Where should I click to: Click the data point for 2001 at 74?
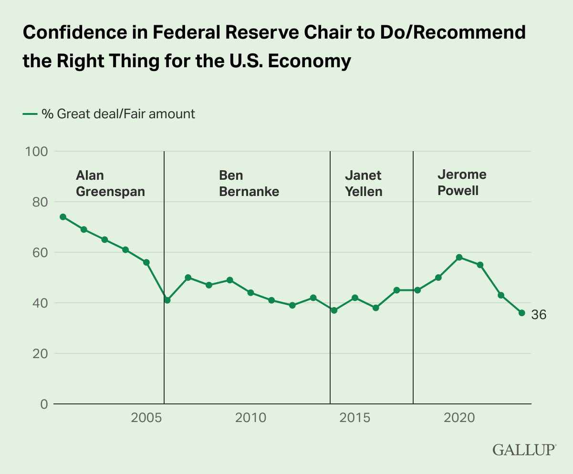[63, 217]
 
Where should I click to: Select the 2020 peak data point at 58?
[459, 258]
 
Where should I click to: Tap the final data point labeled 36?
[522, 313]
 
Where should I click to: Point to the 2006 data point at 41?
[167, 300]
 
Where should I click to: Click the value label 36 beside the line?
[539, 315]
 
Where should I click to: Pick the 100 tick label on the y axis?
[36, 152]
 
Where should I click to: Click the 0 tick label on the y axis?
[44, 404]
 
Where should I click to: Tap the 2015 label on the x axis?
[354, 418]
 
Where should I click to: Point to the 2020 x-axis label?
[459, 418]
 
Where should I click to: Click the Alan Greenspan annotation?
[110, 184]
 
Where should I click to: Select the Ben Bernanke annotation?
[249, 184]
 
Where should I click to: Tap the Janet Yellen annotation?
[363, 184]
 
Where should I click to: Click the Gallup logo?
[524, 450]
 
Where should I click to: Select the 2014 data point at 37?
[334, 310]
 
